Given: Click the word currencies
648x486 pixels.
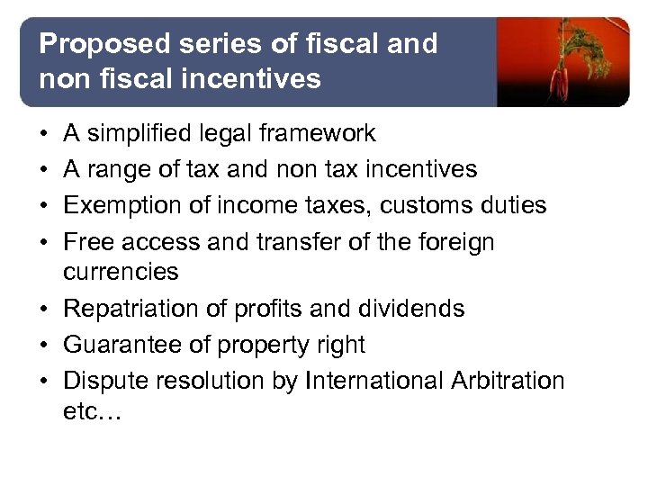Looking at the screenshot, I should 121,271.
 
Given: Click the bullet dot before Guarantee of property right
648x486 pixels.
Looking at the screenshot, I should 45,345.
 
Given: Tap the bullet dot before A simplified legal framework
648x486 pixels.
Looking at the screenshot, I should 45,134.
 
